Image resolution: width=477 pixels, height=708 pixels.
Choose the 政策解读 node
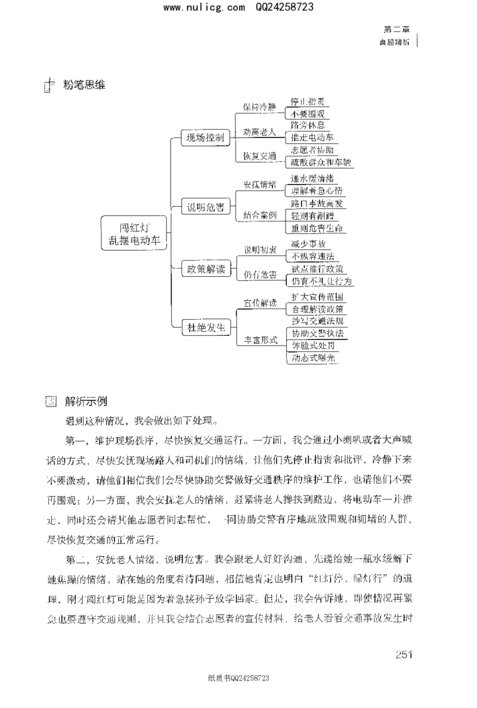point(205,269)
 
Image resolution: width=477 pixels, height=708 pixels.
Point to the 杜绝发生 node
point(205,326)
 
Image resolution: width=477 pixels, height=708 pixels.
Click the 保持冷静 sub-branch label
point(259,107)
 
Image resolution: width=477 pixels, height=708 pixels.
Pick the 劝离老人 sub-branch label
point(259,132)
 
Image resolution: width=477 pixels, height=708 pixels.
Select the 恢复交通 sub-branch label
point(259,156)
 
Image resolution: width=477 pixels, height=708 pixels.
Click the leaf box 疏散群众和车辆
point(321,162)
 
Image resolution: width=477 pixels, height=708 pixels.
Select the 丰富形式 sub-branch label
point(261,340)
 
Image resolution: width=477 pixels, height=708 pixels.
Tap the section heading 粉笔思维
point(84,85)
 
